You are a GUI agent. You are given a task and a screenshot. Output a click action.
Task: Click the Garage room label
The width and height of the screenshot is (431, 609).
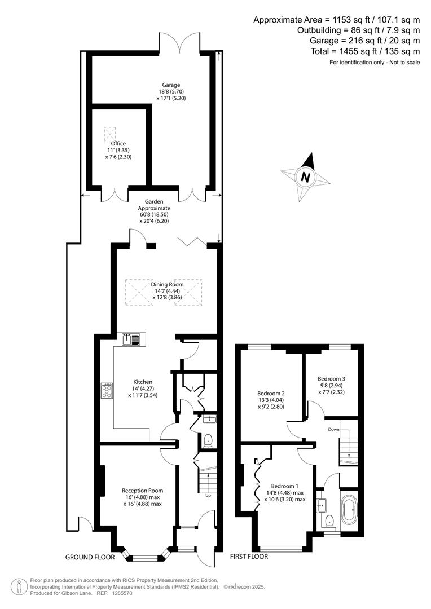pos(171,85)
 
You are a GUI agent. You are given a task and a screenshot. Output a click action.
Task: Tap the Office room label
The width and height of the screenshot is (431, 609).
pos(118,144)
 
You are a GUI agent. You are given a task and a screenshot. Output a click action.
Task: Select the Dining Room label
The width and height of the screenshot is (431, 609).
pos(167,284)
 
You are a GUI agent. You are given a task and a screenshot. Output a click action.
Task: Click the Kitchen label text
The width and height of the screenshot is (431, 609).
pos(143,382)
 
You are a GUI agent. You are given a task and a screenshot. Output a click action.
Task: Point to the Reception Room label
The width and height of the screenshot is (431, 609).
pos(142,491)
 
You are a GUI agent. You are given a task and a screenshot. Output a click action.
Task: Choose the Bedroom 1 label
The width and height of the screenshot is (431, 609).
pos(285,486)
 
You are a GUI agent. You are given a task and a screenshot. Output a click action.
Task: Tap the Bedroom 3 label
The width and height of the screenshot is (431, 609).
pos(331,379)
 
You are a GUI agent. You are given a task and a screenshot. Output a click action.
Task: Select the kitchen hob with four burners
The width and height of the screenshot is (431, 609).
pos(107,391)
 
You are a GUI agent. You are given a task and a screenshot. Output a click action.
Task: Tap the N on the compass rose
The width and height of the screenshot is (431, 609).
pos(305,177)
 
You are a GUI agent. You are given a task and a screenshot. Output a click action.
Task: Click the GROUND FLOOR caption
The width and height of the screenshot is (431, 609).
pos(90,557)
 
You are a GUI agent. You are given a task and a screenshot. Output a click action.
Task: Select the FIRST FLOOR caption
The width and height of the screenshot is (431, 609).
pos(249,556)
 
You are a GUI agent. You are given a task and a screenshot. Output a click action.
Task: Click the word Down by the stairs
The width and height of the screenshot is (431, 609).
pos(333,429)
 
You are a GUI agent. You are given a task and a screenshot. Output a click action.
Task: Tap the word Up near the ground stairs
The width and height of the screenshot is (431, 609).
pos(208,495)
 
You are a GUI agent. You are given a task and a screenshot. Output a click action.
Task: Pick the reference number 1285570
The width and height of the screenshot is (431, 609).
pos(122,593)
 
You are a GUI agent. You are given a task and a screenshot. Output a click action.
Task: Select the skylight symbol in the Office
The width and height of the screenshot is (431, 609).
pos(110,134)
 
